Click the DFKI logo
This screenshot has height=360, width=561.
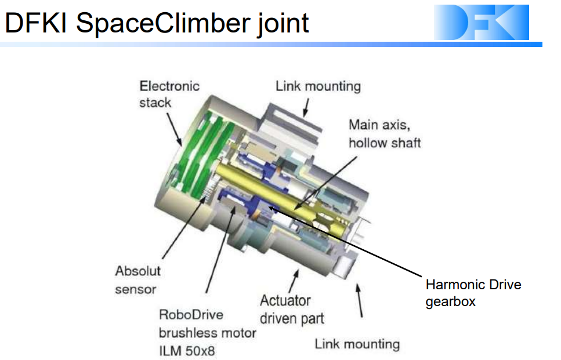[x=481, y=23]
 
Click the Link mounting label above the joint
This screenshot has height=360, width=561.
[x=318, y=86]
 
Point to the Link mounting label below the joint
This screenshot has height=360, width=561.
[x=357, y=344]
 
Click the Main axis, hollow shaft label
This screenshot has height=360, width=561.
[x=384, y=133]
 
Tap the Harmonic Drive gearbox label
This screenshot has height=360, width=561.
[x=473, y=293]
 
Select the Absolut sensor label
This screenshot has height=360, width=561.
[x=137, y=279]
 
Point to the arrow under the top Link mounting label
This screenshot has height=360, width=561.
[x=306, y=107]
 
